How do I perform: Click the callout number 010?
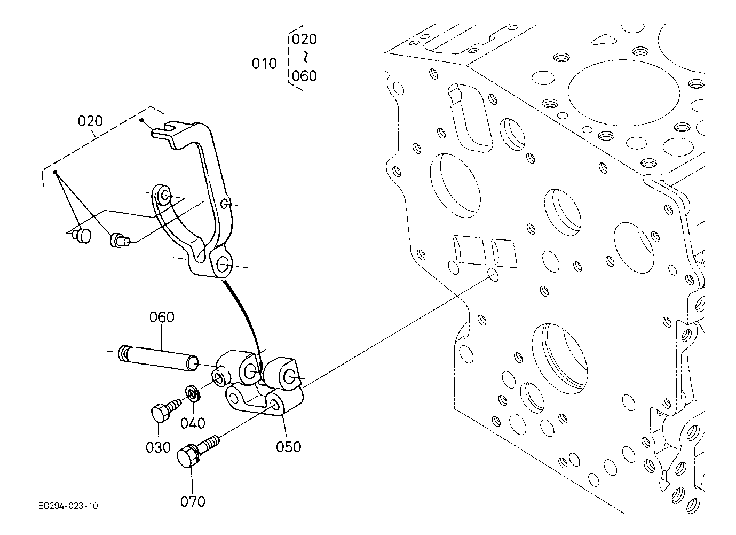tap(264, 64)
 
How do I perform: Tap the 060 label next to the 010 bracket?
tap(305, 76)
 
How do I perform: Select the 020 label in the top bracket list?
tap(305, 40)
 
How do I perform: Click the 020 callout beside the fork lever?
tap(90, 121)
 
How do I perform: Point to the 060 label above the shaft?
tap(162, 317)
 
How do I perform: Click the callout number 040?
tap(193, 423)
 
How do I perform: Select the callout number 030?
tap(158, 447)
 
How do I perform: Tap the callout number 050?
tap(289, 447)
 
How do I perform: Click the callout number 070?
tap(193, 501)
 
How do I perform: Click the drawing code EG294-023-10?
tap(68, 506)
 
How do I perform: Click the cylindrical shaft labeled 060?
tap(158, 358)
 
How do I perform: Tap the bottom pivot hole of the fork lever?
tap(223, 263)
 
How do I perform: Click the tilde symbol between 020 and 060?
tap(306, 57)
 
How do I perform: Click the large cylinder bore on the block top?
tap(623, 93)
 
